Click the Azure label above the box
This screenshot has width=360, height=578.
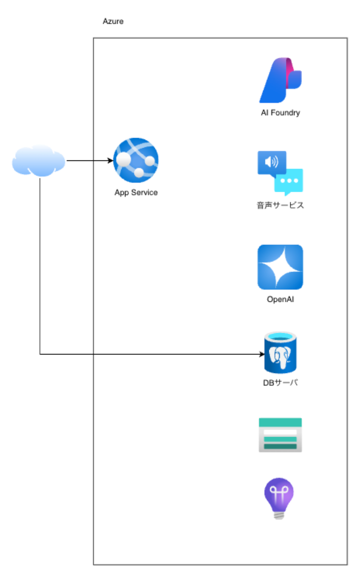pos(113,22)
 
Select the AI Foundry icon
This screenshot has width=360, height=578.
pos(280,80)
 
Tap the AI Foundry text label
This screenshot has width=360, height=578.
pos(280,113)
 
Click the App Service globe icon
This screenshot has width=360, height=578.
pos(136,160)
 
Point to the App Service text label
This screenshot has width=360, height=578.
pos(136,193)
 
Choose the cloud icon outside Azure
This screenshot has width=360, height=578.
pos(38,160)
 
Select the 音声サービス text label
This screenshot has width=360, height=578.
pos(280,205)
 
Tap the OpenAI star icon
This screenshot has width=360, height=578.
pos(280,267)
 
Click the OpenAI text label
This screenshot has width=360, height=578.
pos(280,299)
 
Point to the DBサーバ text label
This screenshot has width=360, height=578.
pos(280,382)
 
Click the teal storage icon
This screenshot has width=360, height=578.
pos(280,435)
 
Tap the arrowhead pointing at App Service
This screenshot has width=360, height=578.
pos(110,160)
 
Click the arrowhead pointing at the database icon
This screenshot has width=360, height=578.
pos(262,354)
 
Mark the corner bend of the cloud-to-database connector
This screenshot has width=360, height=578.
pos(40,354)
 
